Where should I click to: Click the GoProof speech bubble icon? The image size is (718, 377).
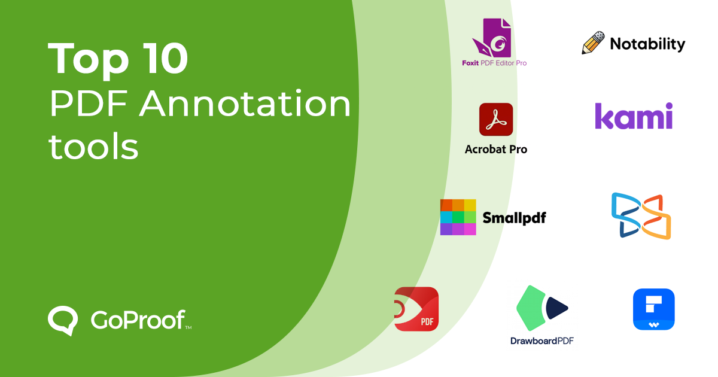point(63,321)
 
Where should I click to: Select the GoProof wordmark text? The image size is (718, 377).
point(138,321)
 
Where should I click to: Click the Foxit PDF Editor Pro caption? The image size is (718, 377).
point(494,63)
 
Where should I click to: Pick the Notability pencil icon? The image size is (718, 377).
point(593,43)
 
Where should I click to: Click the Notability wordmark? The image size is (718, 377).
point(647,44)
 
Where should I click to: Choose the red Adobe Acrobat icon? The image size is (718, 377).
point(496,120)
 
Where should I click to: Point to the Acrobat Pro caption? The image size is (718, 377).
point(496,149)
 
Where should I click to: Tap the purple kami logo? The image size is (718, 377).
point(634,115)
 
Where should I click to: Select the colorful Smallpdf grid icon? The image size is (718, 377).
point(458,217)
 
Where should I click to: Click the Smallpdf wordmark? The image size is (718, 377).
point(514,218)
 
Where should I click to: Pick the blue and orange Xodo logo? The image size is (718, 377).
point(641,215)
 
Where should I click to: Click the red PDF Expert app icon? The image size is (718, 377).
point(416,309)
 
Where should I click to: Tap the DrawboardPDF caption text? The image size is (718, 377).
point(542,341)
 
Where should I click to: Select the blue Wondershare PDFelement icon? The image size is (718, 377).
point(654,309)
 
